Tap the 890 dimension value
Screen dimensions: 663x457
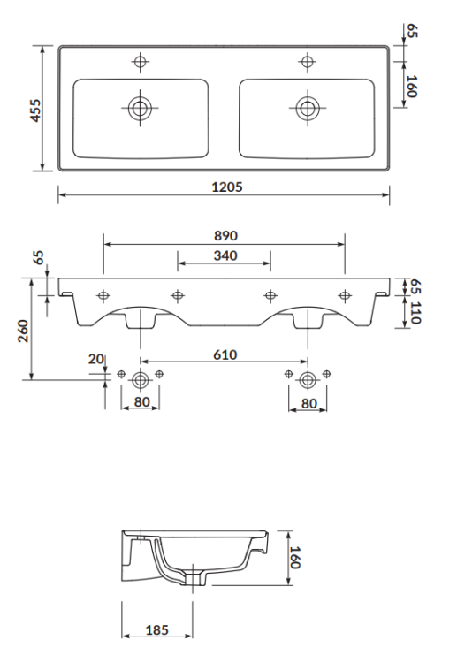225,236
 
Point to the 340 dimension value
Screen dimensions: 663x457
225,255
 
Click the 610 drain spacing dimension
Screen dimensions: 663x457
225,354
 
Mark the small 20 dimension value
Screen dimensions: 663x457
95,358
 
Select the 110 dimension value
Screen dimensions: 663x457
415,311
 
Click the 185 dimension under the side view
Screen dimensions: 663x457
156,630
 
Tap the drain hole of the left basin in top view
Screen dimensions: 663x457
140,108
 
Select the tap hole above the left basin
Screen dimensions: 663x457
140,61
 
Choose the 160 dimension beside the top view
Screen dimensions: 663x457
412,86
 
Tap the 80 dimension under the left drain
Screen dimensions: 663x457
140,403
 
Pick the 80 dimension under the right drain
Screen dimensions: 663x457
308,403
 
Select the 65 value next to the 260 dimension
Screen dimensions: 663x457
38,258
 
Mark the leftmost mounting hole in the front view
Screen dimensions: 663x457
103,294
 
